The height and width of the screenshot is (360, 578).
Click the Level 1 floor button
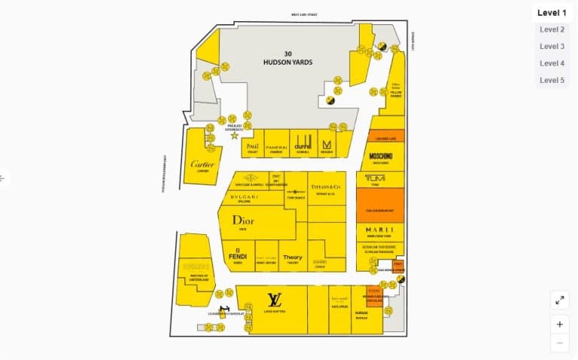point(552,13)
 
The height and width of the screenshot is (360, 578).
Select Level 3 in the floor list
point(552,47)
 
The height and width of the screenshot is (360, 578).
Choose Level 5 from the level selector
point(552,80)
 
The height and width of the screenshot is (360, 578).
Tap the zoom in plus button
point(560,325)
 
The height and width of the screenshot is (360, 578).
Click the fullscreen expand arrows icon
point(560,300)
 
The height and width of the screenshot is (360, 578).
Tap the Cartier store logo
point(202,165)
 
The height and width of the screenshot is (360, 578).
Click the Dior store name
point(243,221)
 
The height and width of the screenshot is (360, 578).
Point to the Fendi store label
point(238,256)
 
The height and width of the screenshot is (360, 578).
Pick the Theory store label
point(293,258)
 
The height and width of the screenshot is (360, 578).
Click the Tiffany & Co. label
point(327,185)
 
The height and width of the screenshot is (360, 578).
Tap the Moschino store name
point(381,156)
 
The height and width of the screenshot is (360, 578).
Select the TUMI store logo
point(375,178)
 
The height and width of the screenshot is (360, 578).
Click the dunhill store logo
point(303,145)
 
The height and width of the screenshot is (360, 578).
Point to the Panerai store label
point(277,146)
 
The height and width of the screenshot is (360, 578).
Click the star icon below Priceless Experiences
point(235,136)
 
